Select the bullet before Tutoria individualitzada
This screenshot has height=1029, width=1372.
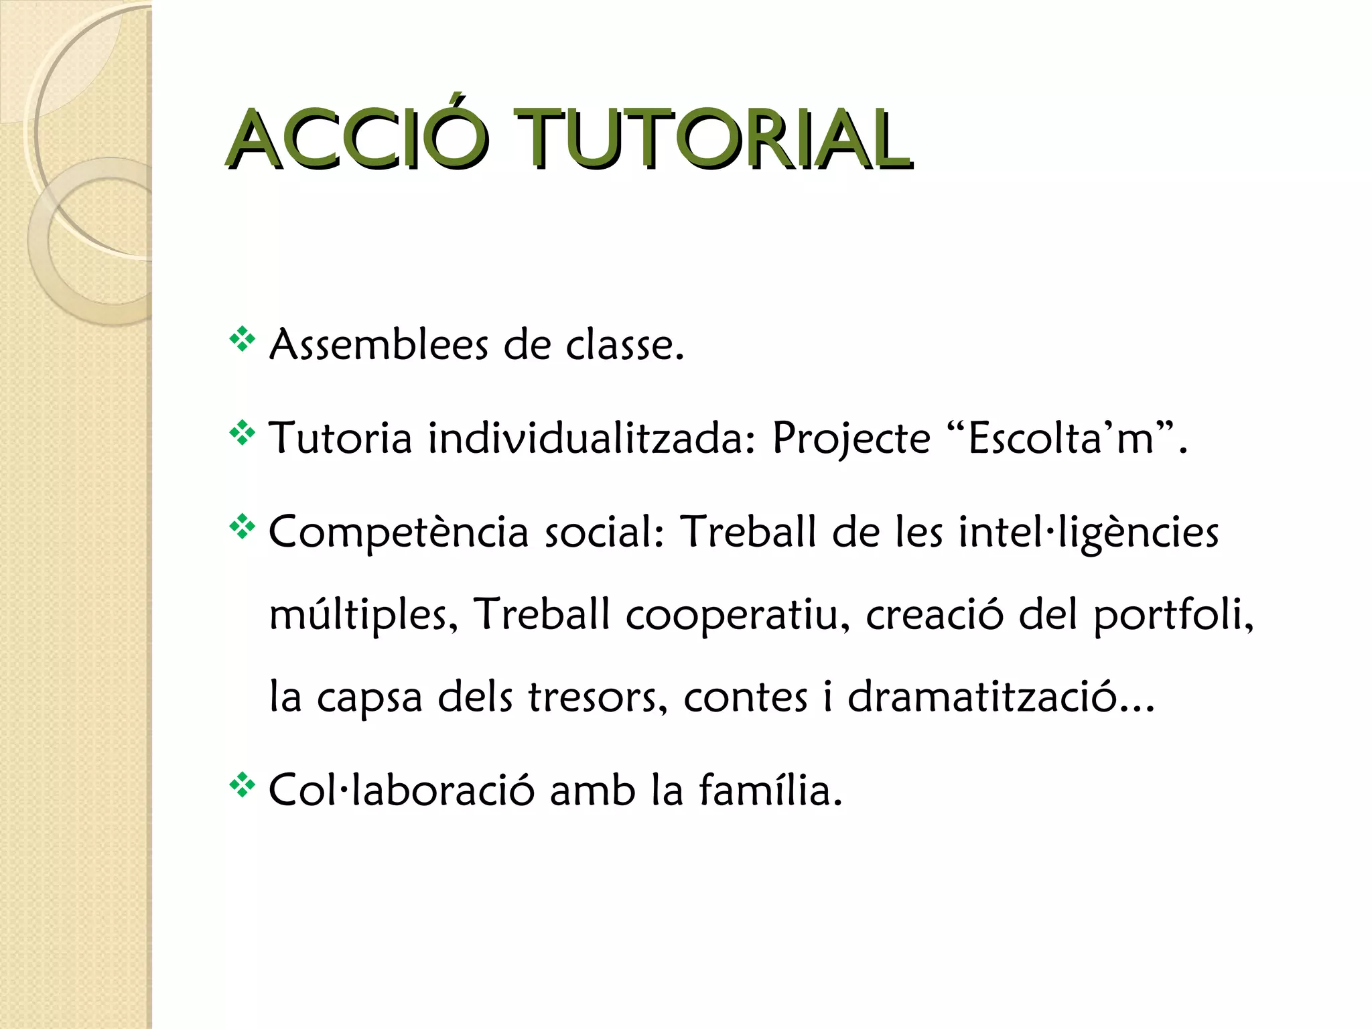242,434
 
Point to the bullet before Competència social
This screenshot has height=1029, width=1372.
242,528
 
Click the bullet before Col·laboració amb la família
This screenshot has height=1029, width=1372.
242,785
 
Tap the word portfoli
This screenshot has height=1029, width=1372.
1172,615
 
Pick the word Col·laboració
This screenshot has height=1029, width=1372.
401,791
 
